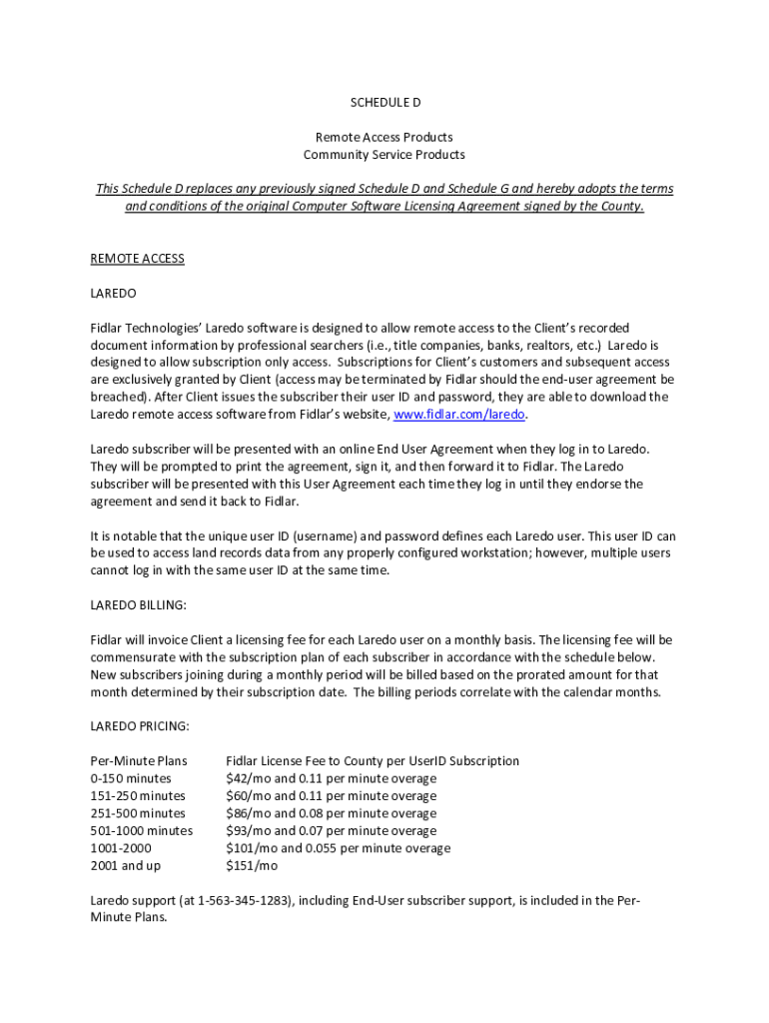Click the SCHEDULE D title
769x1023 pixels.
[x=384, y=102]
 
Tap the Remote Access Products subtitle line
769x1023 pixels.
[x=384, y=137]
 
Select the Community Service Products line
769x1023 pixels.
[x=384, y=155]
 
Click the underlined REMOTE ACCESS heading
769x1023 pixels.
[x=137, y=259]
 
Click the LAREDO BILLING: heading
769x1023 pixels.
[x=139, y=605]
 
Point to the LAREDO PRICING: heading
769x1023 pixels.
[x=140, y=726]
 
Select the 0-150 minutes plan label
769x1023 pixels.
[x=131, y=778]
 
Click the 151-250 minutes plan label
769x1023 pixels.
[x=138, y=796]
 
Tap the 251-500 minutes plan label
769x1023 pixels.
[x=138, y=813]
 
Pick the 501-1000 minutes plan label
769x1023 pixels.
[x=142, y=831]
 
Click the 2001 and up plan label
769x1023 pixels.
[x=125, y=866]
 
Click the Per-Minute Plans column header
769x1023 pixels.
[x=139, y=761]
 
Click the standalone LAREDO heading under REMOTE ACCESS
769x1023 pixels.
[x=113, y=294]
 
